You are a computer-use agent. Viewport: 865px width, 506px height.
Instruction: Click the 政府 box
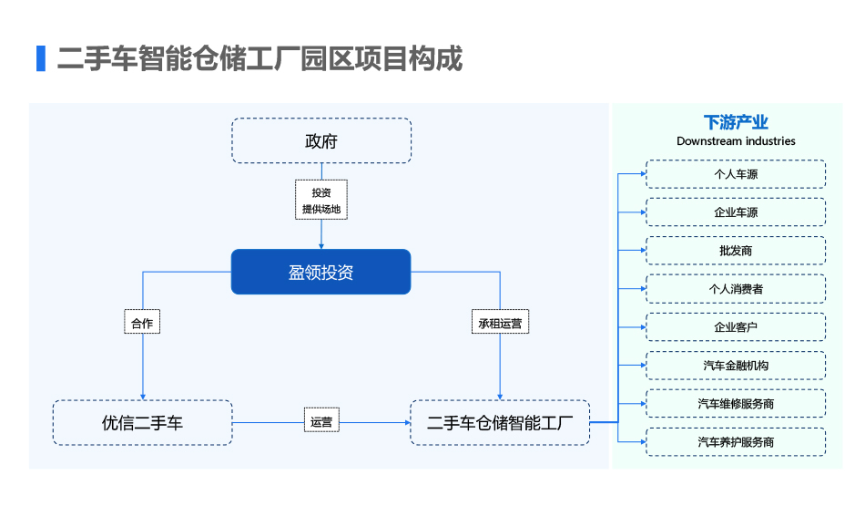(x=321, y=140)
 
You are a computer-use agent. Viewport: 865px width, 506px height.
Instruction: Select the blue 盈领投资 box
(x=321, y=272)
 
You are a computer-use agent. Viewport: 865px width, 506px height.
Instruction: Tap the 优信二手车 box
(x=142, y=423)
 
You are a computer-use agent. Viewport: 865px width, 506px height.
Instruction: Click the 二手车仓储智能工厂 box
(x=500, y=423)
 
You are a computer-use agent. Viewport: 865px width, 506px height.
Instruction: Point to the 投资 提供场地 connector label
(x=321, y=200)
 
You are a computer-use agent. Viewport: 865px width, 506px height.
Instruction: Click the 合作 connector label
(x=142, y=322)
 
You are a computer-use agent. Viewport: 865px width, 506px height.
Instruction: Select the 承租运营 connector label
(x=500, y=322)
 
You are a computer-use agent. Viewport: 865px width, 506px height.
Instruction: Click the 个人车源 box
(x=736, y=174)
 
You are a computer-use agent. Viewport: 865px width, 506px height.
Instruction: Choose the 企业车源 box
(x=736, y=212)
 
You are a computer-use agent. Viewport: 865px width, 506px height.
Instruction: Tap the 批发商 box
(x=736, y=251)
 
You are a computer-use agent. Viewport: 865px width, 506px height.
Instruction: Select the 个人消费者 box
(x=736, y=289)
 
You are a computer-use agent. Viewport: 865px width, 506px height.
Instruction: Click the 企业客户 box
(x=736, y=327)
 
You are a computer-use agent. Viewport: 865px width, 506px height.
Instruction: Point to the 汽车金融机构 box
(x=736, y=365)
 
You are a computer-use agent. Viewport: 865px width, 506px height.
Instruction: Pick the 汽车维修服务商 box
(x=736, y=404)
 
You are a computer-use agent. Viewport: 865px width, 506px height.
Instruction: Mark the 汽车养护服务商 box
(x=736, y=442)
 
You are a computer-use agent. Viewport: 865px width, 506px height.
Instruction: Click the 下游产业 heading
(x=736, y=122)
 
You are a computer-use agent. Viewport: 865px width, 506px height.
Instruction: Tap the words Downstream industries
(x=736, y=141)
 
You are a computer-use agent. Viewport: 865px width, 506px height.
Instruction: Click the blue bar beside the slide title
(x=41, y=58)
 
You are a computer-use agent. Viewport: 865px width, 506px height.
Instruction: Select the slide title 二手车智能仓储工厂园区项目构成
(x=259, y=58)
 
